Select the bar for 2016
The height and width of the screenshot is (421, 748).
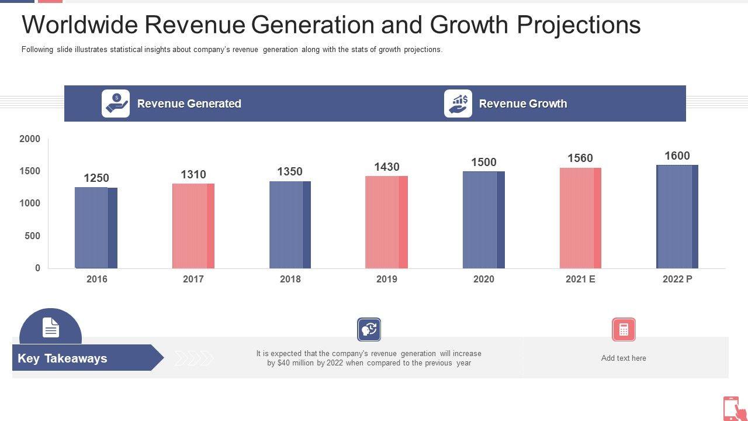coord(96,228)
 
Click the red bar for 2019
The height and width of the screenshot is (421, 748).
coord(386,222)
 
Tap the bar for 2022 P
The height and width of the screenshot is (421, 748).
coord(677,217)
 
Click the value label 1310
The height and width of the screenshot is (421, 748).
coord(193,174)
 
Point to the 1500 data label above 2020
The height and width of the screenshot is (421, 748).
coord(484,162)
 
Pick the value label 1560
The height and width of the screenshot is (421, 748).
coord(580,158)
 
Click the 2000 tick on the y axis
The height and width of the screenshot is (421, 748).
coord(30,139)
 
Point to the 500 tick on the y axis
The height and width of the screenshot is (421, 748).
coord(33,236)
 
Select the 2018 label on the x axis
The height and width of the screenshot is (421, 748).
coord(290,279)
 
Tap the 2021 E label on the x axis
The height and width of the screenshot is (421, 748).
coord(580,279)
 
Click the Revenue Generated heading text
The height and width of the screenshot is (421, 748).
coord(189,103)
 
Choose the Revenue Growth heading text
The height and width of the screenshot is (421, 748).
coord(523,103)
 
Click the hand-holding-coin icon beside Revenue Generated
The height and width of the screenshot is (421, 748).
coord(116,103)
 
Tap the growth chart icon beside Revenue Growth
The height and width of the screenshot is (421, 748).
coord(458,103)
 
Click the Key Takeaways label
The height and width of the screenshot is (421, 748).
coord(63,358)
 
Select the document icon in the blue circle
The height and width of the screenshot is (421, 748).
coord(51,328)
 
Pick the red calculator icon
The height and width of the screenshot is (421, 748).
coord(624,330)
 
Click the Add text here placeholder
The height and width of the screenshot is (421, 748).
coord(624,358)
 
